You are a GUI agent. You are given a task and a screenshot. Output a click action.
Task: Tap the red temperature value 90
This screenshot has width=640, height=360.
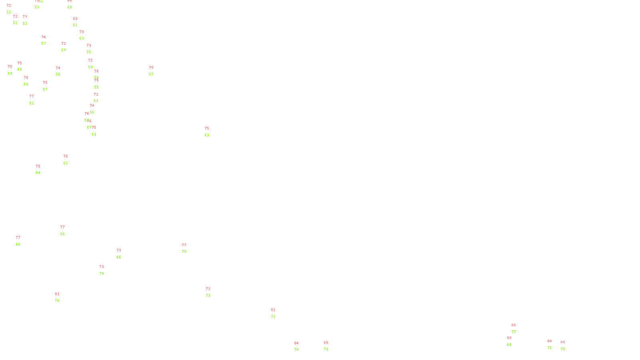[509, 338]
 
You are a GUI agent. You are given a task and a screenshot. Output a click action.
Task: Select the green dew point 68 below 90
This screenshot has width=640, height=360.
[509, 345]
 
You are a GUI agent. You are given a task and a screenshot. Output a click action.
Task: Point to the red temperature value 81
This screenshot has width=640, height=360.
[57, 294]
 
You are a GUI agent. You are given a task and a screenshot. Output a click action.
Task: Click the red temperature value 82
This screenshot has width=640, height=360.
[273, 310]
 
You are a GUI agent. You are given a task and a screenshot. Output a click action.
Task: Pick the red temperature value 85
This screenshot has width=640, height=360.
[326, 343]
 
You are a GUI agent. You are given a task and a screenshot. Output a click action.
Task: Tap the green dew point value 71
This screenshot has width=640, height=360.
[326, 349]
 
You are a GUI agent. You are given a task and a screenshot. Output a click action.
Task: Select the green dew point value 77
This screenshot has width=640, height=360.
[514, 332]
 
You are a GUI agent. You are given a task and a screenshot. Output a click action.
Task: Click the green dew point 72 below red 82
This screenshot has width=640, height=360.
[273, 317]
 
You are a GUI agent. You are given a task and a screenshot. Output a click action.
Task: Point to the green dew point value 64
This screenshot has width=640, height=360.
[38, 173]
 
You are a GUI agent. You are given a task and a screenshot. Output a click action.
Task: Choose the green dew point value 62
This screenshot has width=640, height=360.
[66, 163]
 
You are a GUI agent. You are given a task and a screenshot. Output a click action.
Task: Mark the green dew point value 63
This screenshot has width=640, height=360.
[82, 38]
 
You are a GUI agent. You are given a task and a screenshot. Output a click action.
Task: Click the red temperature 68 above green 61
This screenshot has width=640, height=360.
[75, 19]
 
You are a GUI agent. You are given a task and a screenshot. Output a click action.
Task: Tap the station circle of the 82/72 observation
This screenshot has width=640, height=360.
[277, 313]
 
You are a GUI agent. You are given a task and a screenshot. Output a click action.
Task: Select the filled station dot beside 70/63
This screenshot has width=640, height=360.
[86, 35]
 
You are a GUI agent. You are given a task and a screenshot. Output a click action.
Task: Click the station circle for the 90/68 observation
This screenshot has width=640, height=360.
[513, 341]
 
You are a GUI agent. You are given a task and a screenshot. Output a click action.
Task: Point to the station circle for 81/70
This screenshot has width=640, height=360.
[61, 298]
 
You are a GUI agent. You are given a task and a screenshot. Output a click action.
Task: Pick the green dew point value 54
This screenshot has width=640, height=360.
[10, 74]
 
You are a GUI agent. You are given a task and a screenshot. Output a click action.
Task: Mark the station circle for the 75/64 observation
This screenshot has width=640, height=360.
[42, 170]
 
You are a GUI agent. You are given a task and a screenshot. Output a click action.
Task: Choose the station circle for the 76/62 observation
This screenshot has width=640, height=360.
[69, 160]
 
